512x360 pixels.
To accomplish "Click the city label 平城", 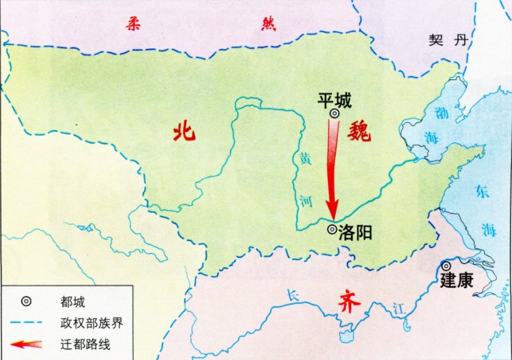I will point(334,100).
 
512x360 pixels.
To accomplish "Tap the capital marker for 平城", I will point(334,114).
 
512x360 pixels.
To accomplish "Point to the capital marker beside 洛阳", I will point(332,229).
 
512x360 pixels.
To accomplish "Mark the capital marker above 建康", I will point(446,266).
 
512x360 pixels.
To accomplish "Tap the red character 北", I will point(184,131).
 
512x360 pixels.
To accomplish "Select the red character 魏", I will point(359,131).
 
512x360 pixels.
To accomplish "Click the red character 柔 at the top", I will point(132,25).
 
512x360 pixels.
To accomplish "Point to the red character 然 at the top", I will point(267,25).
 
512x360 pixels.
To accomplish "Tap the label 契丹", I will point(448,41).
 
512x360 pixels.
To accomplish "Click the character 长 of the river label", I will point(293,298).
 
